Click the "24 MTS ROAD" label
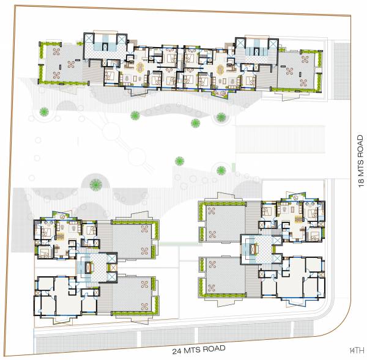coord(199,349)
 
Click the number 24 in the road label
coord(177,350)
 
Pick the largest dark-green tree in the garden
coord(95,183)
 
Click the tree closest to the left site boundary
coord(44,111)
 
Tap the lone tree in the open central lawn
coord(180,161)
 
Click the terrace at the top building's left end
coord(61,63)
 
